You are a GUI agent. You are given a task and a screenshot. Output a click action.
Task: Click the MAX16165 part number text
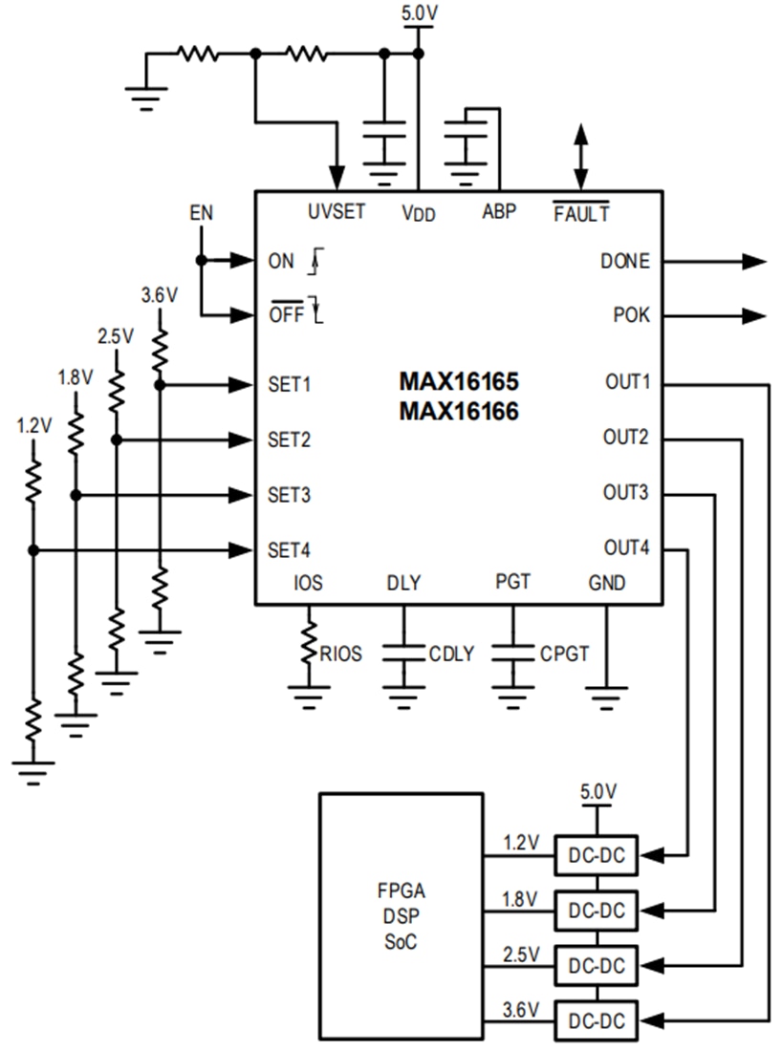(x=459, y=383)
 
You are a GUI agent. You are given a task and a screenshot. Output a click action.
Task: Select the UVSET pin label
(x=337, y=212)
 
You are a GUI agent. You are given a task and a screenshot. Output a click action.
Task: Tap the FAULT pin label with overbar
(x=581, y=213)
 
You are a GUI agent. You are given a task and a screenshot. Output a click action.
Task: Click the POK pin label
(x=630, y=315)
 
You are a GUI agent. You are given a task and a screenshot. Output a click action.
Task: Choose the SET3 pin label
(x=290, y=495)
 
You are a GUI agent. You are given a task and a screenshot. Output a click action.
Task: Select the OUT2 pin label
(x=626, y=439)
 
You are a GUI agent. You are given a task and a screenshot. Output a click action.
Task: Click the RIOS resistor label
(x=341, y=654)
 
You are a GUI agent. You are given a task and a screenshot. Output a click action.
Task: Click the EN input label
(x=201, y=214)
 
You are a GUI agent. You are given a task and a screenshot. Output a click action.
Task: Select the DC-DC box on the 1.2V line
(x=596, y=855)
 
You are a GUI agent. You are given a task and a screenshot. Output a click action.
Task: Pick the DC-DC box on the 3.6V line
(x=596, y=1021)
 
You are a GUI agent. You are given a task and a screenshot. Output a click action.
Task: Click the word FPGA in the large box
(x=402, y=892)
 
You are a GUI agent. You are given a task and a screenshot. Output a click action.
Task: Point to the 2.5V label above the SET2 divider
(x=116, y=336)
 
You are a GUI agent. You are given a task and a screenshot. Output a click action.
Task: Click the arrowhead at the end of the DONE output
(x=754, y=262)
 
